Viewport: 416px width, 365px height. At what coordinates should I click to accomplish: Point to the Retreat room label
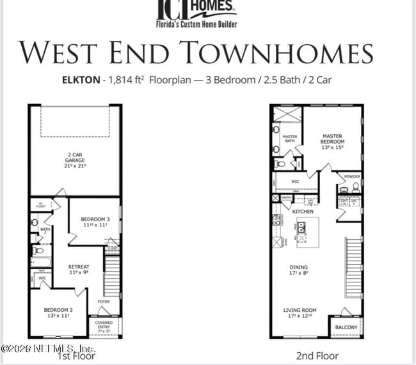click(79, 269)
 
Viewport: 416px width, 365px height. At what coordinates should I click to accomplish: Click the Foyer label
click(104, 301)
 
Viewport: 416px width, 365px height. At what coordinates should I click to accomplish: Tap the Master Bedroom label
click(332, 141)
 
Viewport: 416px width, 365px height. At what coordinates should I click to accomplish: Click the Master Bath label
click(289, 139)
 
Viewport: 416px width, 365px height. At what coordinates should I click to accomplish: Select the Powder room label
click(352, 176)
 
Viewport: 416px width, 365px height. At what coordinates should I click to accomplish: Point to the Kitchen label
click(303, 211)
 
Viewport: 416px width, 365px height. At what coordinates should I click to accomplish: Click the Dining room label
click(298, 270)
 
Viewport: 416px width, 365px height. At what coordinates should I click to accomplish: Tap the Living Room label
click(300, 314)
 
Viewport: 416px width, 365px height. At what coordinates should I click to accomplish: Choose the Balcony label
click(346, 327)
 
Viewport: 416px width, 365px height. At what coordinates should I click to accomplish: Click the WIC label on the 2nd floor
click(295, 182)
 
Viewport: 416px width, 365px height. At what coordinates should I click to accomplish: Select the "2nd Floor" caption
click(317, 355)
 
